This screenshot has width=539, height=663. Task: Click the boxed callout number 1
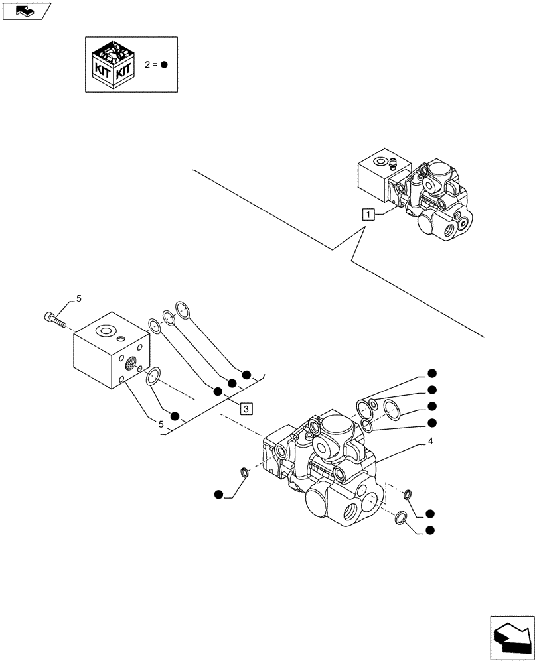(x=369, y=213)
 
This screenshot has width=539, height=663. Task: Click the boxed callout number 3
(x=246, y=408)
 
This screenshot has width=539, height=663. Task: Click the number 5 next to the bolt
(x=78, y=300)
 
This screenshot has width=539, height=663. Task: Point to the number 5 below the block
(x=161, y=423)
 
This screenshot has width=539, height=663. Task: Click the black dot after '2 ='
(x=165, y=65)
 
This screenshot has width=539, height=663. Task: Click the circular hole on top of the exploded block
(x=105, y=330)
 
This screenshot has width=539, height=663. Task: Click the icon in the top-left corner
(x=26, y=10)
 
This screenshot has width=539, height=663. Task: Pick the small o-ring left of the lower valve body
(x=244, y=472)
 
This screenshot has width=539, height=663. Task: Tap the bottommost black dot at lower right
(x=430, y=530)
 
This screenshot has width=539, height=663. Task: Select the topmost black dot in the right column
(x=431, y=373)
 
